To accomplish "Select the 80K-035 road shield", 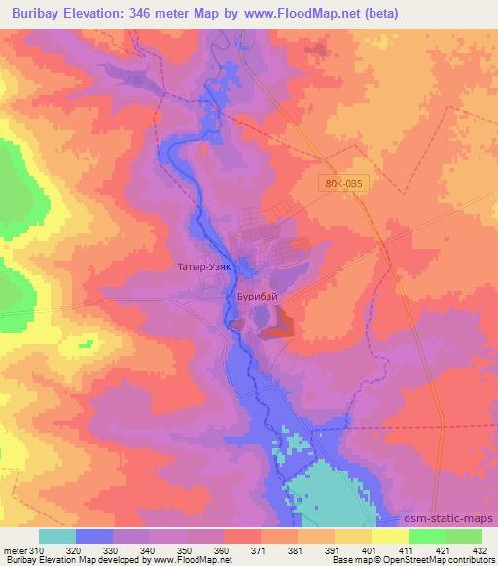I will (x=342, y=181).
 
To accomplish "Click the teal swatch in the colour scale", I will (x=57, y=536).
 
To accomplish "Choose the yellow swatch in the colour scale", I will (x=389, y=536).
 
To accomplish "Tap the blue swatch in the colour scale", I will (x=94, y=536).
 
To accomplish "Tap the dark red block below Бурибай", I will (x=278, y=322).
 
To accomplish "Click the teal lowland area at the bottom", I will (x=331, y=491).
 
